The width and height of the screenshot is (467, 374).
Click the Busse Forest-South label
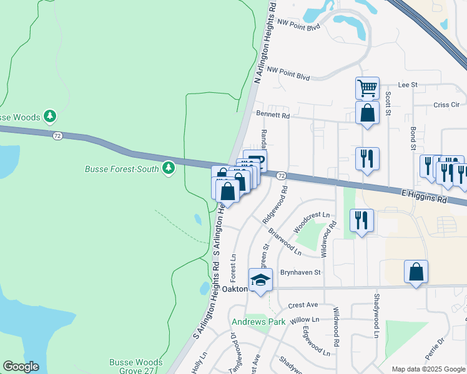[x=122, y=168]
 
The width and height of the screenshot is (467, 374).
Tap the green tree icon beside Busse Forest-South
[x=167, y=168]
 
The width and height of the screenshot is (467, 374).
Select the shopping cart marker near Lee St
[x=367, y=88]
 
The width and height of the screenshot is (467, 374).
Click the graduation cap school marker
[x=261, y=280]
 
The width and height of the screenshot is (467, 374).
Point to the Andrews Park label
[x=258, y=322]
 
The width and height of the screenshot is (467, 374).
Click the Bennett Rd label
[x=273, y=115]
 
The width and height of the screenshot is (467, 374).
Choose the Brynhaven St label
[x=300, y=272]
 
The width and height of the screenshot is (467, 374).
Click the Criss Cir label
[x=446, y=105]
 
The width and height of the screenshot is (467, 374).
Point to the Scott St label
[x=388, y=103]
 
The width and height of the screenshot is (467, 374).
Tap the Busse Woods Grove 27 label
[x=135, y=366]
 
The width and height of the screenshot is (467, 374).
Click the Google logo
[x=21, y=367]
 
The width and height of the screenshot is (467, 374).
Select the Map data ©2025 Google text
[x=428, y=369]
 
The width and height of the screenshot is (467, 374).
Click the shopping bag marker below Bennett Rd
[x=367, y=113]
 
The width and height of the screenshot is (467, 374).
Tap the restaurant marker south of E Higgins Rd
[x=361, y=221]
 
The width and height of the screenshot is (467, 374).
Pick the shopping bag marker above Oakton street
[x=416, y=272]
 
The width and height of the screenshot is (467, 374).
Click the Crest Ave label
[x=303, y=305]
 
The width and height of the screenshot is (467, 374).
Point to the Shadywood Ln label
[x=376, y=316]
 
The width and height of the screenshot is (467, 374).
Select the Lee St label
[x=407, y=84]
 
